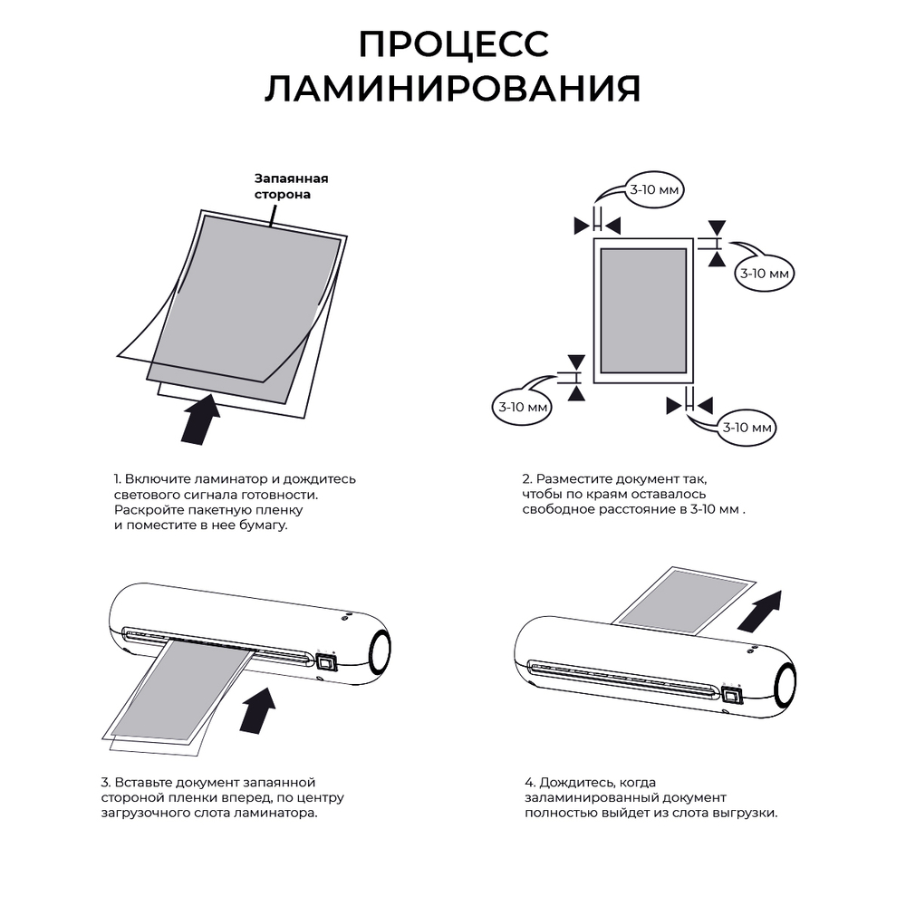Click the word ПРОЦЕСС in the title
point(454,43)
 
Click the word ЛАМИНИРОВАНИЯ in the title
point(453,89)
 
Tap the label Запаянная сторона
point(291,186)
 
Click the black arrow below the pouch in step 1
point(200,419)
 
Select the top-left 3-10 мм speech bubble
point(654,189)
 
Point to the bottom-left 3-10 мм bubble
point(523,407)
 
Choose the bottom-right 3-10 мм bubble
point(747,428)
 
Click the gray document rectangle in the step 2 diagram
point(643,311)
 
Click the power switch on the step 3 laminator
point(326,661)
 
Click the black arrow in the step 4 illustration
point(759,612)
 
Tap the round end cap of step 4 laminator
point(786,684)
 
